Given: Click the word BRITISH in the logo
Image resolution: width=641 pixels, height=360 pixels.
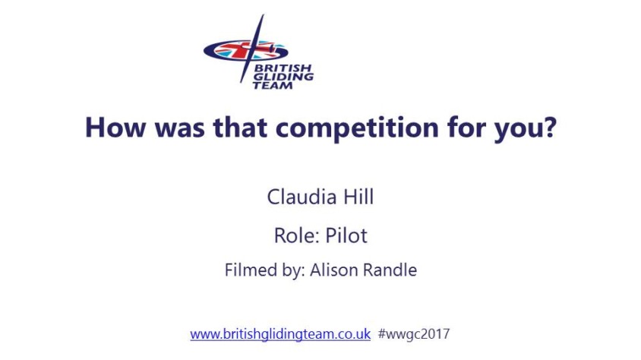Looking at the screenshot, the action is click(x=283, y=68).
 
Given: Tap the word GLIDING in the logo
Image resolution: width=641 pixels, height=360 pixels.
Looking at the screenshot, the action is click(x=283, y=77).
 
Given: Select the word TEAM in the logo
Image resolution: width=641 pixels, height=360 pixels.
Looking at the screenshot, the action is click(x=273, y=85).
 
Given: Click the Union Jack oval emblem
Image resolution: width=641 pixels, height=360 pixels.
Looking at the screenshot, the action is click(x=245, y=51).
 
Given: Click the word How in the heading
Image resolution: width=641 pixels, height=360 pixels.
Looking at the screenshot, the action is click(x=115, y=127).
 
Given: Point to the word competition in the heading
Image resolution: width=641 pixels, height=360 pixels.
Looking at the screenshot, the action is click(x=357, y=128).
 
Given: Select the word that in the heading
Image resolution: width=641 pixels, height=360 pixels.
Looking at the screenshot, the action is click(x=240, y=127).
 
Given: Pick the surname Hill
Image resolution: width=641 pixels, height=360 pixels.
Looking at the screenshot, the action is click(x=358, y=197).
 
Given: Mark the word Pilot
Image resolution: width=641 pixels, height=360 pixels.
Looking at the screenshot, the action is click(x=346, y=235).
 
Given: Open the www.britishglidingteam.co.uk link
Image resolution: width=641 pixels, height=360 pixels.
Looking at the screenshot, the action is click(x=280, y=334).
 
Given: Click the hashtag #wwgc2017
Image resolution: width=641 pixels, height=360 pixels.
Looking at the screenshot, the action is click(x=414, y=334).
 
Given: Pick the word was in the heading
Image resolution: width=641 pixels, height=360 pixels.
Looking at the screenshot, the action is click(x=179, y=130).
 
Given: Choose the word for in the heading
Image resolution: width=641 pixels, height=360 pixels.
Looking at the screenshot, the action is click(x=466, y=127).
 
